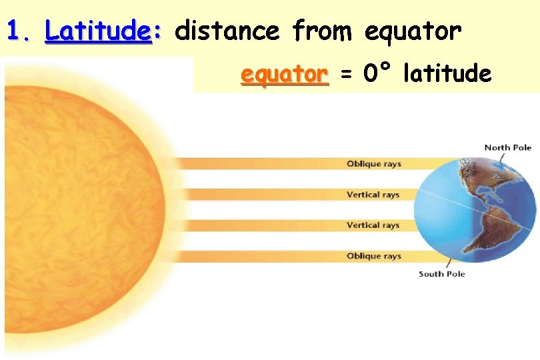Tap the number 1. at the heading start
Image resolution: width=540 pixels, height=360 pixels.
click(x=20, y=30)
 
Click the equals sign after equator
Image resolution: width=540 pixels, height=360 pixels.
click(x=345, y=74)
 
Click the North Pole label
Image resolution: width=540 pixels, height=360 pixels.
click(x=507, y=147)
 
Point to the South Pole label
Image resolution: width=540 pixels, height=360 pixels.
click(x=441, y=274)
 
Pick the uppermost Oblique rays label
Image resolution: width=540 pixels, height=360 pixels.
click(x=373, y=164)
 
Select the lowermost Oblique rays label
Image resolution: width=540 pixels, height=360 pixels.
click(x=373, y=256)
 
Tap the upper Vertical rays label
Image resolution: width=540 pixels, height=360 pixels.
click(x=373, y=195)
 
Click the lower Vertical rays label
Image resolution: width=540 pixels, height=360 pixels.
click(x=373, y=225)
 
